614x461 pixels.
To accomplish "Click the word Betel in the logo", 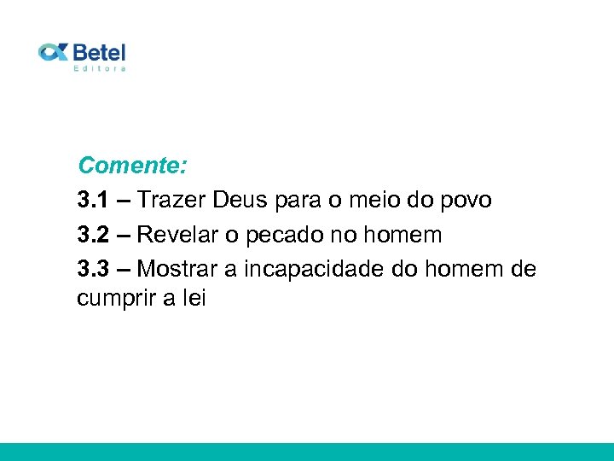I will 100,51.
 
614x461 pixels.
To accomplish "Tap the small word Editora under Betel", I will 100,68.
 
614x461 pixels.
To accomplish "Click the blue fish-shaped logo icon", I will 53,52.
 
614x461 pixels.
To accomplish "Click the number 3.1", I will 92,201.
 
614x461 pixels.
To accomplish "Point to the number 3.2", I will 92,234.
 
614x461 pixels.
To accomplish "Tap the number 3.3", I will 92,268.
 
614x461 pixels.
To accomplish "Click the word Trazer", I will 171,201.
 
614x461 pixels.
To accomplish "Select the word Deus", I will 240,201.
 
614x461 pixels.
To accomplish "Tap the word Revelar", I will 177,234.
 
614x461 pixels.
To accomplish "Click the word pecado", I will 281,236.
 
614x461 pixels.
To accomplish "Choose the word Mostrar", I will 177,268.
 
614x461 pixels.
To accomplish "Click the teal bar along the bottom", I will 307,452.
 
